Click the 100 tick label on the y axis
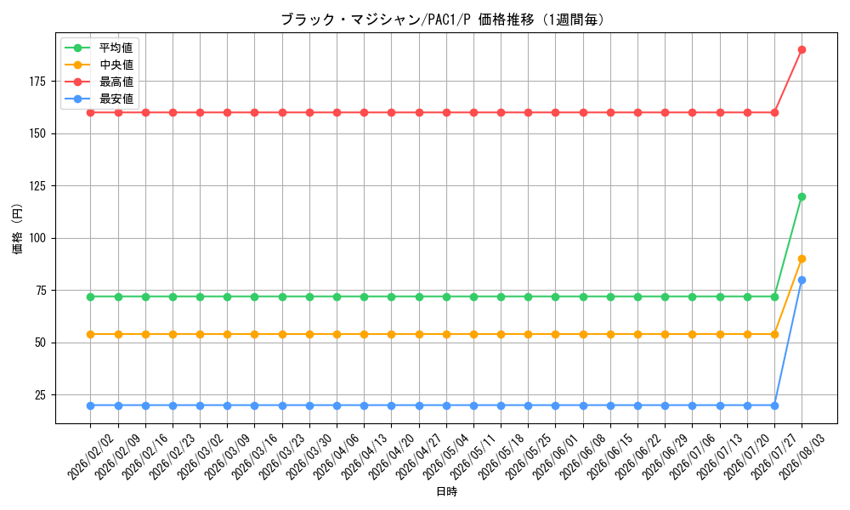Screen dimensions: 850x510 pos(39,239)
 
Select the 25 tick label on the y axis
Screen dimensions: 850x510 pos(41,395)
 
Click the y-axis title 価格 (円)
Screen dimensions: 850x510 pos(18,228)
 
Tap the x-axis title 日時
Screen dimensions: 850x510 pos(447,491)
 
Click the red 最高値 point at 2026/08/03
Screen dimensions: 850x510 pos(802,50)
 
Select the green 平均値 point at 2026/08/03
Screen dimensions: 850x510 pos(802,196)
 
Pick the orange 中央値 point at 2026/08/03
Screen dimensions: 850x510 pos(802,259)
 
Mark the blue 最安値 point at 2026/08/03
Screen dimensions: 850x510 pos(802,280)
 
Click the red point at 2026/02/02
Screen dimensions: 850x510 pos(91,113)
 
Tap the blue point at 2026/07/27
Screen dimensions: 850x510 pos(774,405)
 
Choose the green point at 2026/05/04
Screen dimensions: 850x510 pos(447,297)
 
